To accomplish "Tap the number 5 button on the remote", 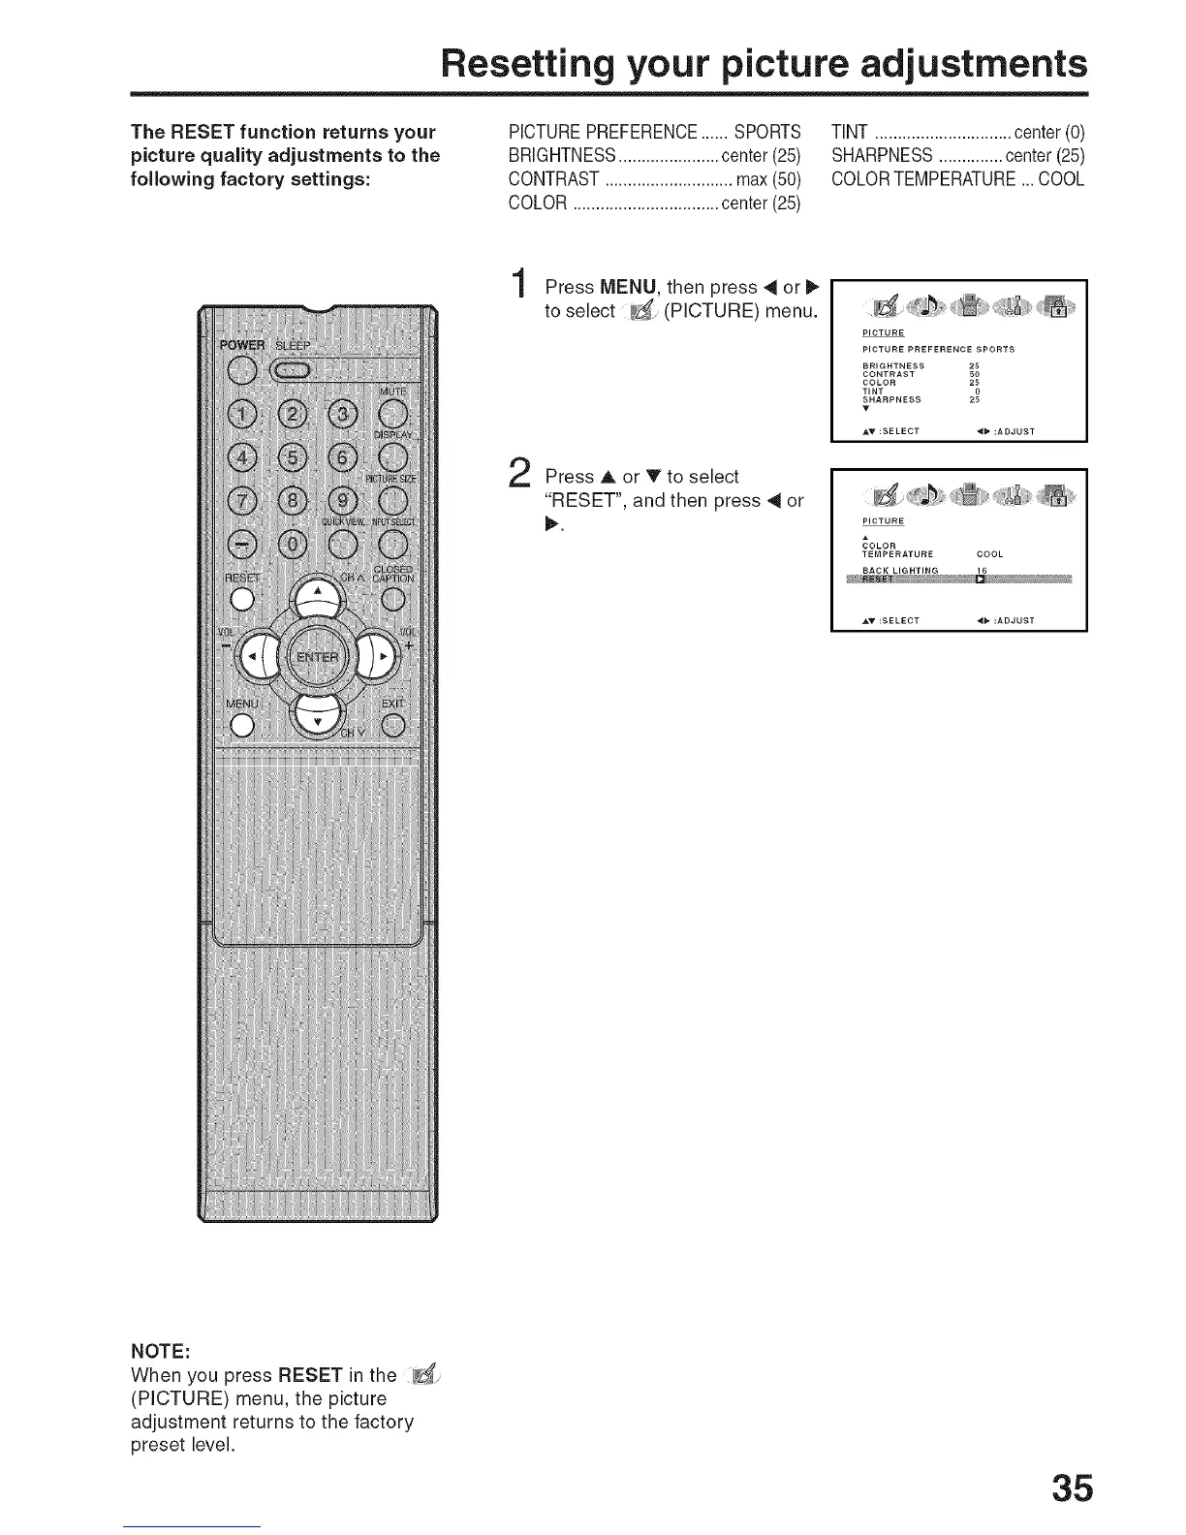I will click(x=292, y=456).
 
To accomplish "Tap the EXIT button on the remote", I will click(x=392, y=724).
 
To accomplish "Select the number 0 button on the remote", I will click(x=292, y=545).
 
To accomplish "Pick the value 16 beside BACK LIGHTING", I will click(x=981, y=570).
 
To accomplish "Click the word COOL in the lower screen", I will click(x=989, y=554).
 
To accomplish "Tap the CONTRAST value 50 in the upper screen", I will click(x=975, y=374).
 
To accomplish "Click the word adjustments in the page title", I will click(x=950, y=64).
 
